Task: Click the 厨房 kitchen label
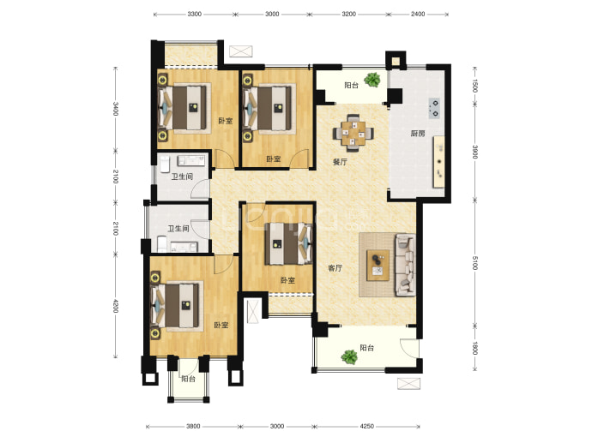pos(418,134)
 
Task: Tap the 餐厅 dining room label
pos(340,162)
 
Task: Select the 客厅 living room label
pos(335,268)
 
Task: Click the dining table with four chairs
pos(353,133)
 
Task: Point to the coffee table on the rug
pos(378,265)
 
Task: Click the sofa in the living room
pos(406,265)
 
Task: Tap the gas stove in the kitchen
pos(434,108)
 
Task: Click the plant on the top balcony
pos(372,80)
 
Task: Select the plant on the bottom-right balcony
pos(349,357)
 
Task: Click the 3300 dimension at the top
pos(194,14)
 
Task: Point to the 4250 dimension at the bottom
pos(366,427)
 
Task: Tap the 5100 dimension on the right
pos(475,263)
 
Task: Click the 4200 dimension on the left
pos(116,306)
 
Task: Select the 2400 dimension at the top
pos(418,14)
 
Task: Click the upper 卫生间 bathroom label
pos(183,177)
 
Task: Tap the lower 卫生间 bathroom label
pos(178,229)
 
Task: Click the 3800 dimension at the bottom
pos(193,427)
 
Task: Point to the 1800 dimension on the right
pos(475,348)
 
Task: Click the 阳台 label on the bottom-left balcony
pos(188,379)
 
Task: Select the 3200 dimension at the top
pos(348,14)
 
